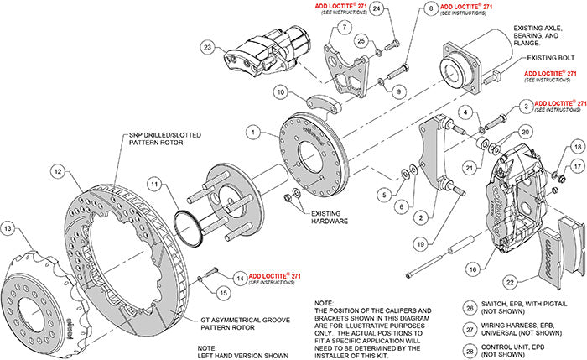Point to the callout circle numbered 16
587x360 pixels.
475,271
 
